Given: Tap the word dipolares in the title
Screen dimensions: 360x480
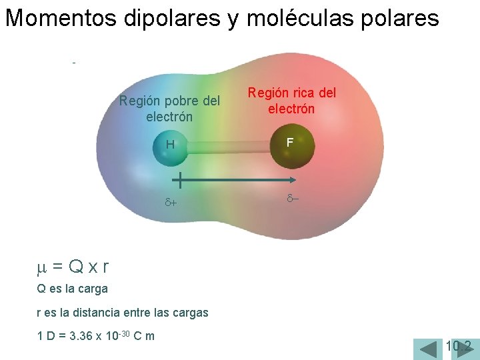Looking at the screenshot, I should [170, 19].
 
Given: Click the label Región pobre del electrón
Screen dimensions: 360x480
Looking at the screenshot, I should [169, 109].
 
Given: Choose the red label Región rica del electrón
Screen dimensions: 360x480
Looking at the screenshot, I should [292, 101].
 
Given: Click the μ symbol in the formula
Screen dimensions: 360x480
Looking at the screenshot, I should [41, 267].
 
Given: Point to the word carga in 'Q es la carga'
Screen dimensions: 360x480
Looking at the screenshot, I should [93, 289].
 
